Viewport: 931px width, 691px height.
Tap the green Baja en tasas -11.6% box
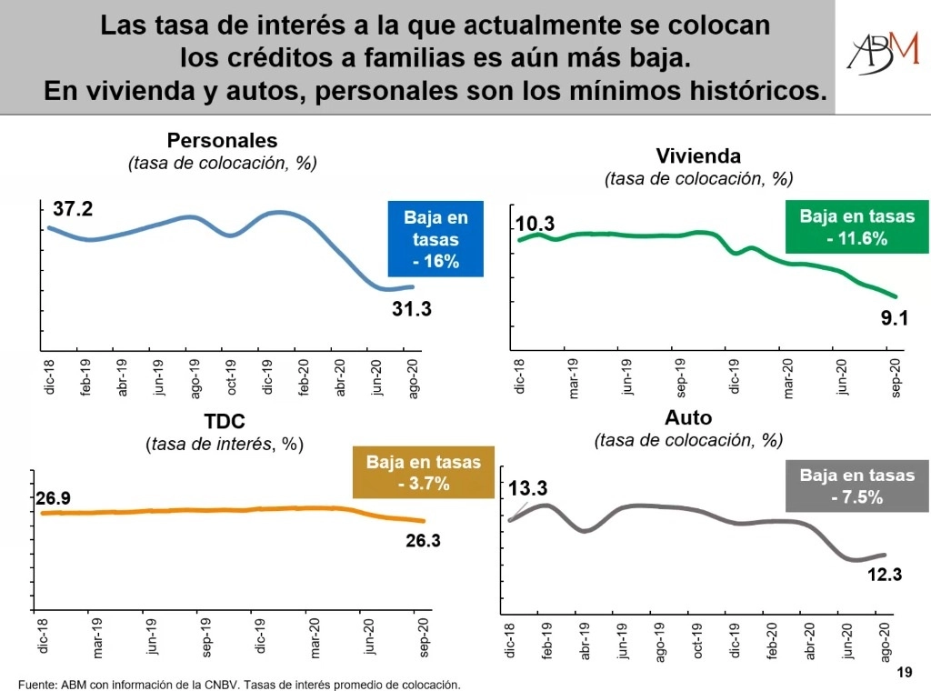click(856, 228)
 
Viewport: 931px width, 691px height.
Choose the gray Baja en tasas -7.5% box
click(856, 486)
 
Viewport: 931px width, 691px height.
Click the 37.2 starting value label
click(73, 209)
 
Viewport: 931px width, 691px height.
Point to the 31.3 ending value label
click(411, 309)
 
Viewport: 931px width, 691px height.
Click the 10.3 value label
click(535, 224)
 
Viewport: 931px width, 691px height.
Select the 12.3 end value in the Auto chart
click(883, 575)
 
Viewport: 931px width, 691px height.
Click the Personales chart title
click(222, 141)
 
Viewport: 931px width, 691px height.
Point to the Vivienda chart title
click(697, 155)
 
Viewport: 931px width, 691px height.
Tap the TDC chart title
click(224, 421)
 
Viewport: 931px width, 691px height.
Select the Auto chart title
click(687, 418)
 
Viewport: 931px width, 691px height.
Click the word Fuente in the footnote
click(37, 684)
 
